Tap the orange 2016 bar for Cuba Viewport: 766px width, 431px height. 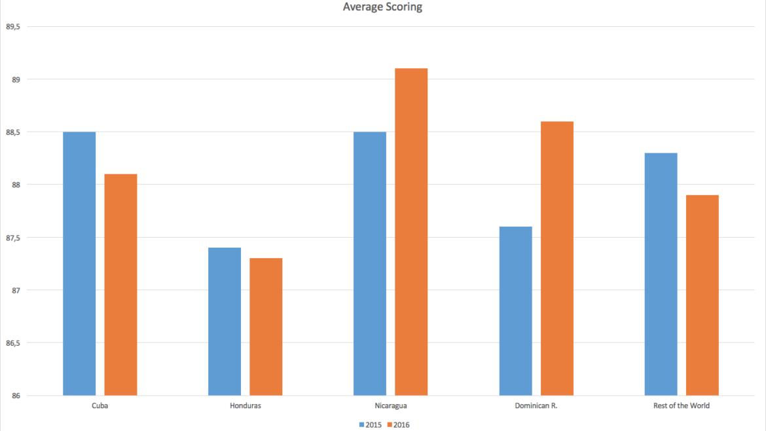click(120, 284)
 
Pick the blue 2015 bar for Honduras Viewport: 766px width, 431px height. click(225, 321)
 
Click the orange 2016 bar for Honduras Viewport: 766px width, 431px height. click(266, 326)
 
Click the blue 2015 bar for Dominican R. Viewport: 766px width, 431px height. click(515, 310)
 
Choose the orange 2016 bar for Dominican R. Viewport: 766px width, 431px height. click(556, 258)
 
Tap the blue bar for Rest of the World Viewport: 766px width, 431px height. click(661, 274)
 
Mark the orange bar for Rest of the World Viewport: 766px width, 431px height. click(702, 295)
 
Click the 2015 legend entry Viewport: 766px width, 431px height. click(370, 424)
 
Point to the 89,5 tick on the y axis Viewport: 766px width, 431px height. click(13, 27)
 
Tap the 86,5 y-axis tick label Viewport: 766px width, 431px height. click(13, 343)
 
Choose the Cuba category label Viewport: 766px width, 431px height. click(100, 406)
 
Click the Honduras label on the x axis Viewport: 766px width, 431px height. click(245, 406)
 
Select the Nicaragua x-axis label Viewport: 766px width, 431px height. click(390, 406)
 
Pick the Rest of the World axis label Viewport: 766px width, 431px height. click(681, 406)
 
